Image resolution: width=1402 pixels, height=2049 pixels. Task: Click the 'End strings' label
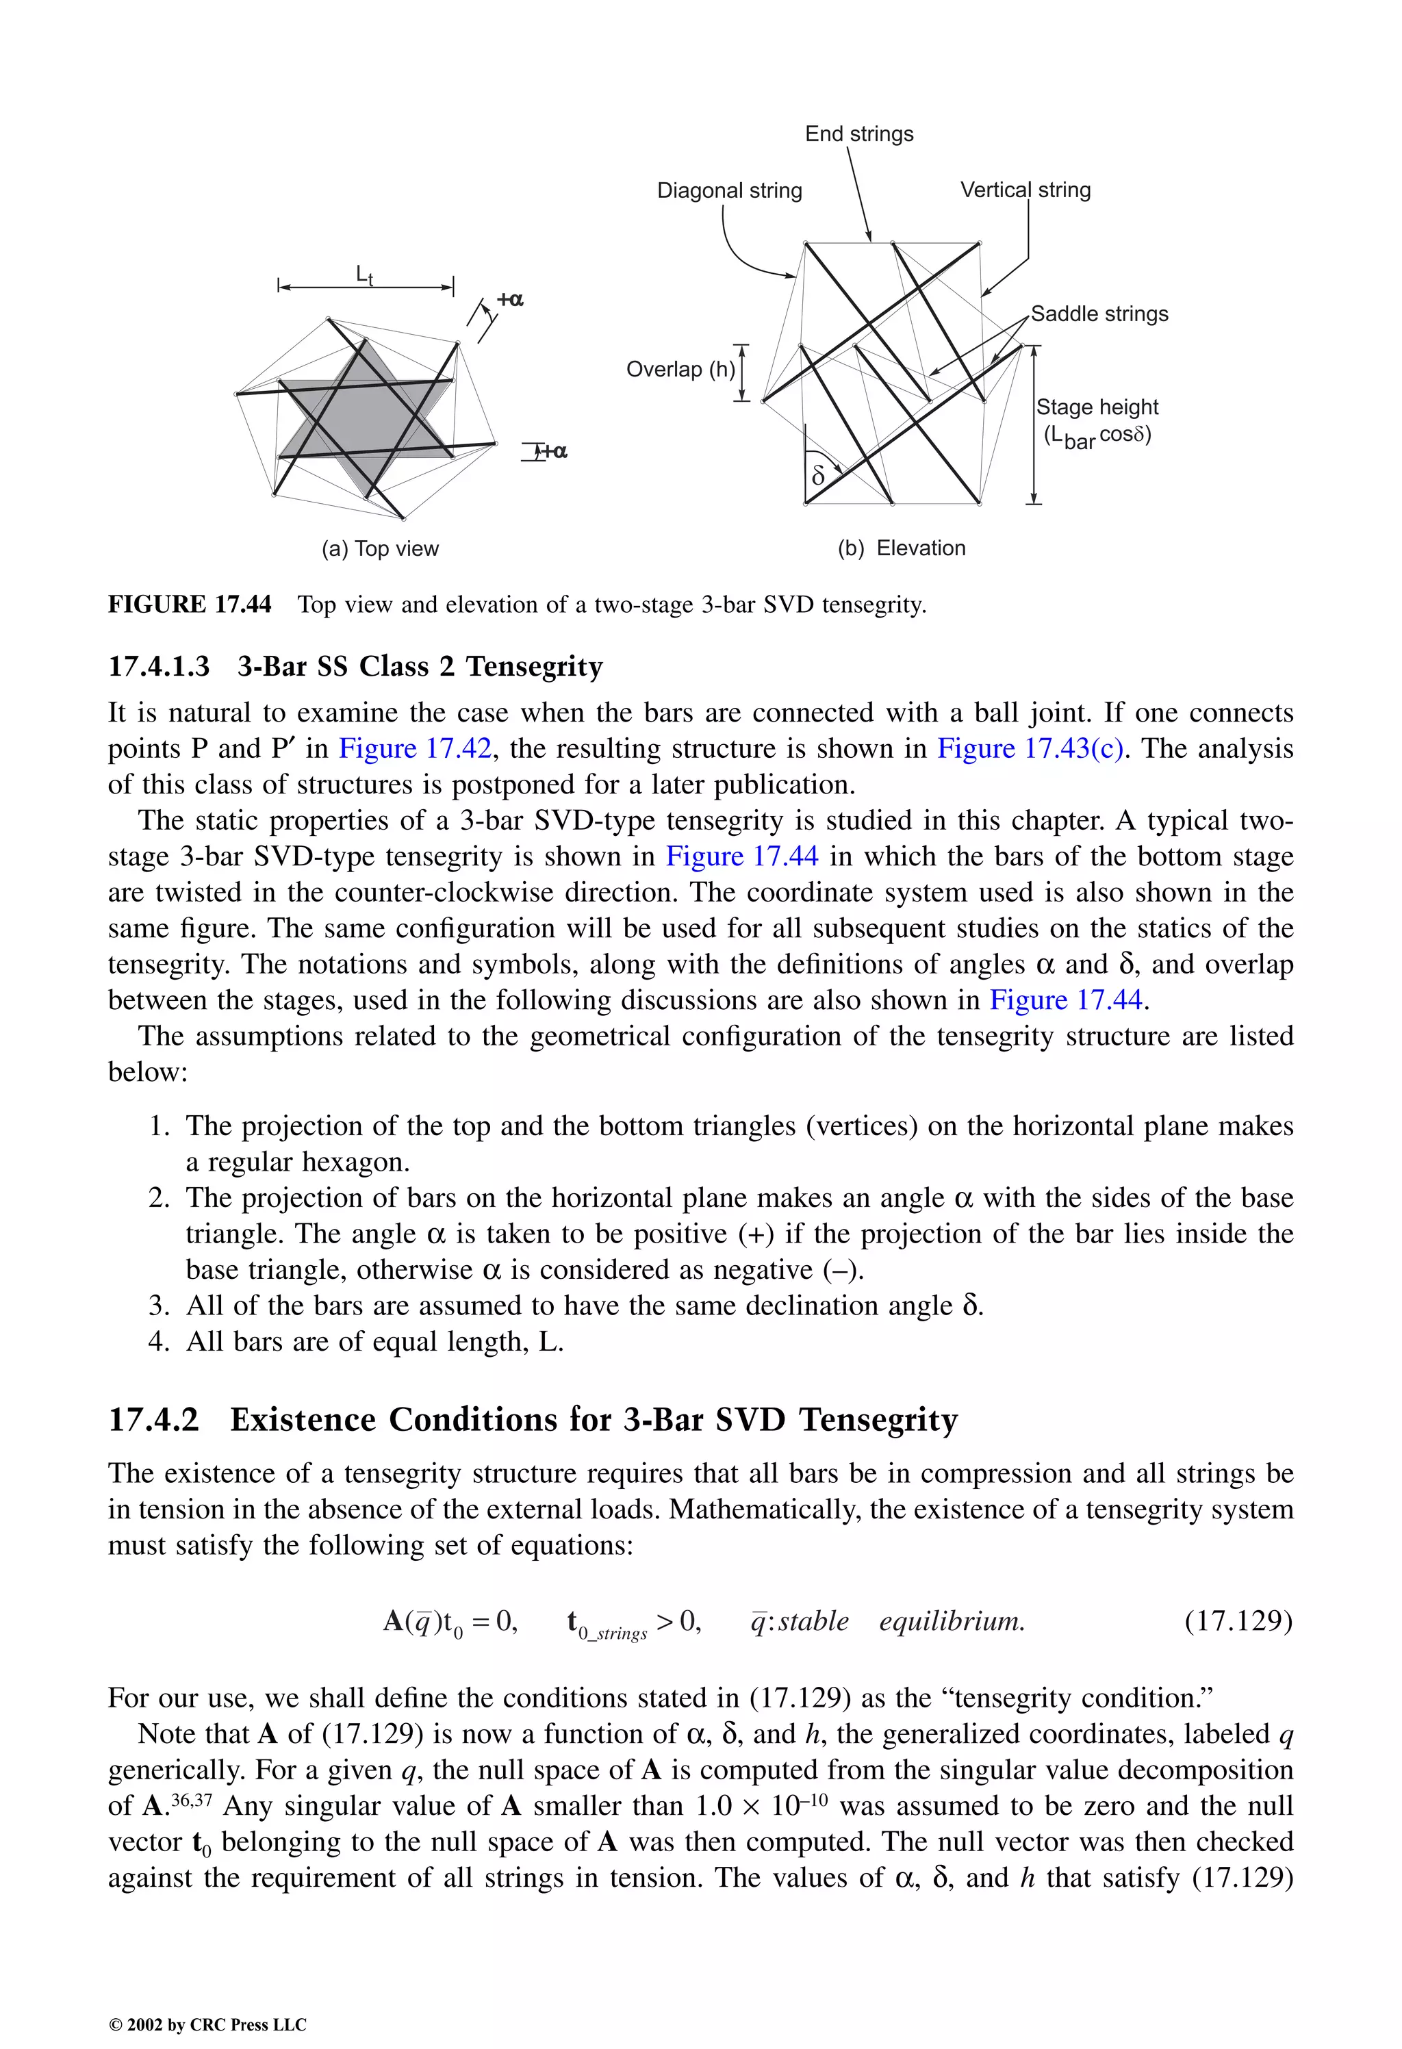tap(859, 134)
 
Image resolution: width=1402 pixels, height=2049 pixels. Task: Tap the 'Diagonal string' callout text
tap(729, 190)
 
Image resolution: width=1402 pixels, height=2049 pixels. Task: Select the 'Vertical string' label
tap(1025, 190)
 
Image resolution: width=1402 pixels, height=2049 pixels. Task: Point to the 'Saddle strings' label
tap(1099, 314)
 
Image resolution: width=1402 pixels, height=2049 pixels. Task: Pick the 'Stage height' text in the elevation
tap(1096, 407)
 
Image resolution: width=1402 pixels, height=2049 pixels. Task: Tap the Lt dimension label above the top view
tap(364, 275)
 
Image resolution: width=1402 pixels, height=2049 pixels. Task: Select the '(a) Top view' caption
tap(379, 548)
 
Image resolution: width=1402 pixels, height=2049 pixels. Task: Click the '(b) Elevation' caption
tap(901, 548)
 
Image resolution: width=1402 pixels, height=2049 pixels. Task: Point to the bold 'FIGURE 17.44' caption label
tap(190, 604)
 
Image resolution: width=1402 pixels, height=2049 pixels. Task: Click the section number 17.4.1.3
tap(159, 667)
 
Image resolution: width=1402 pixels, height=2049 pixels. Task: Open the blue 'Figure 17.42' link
tap(414, 748)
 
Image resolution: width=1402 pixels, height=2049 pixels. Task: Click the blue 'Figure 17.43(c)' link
tap(1029, 748)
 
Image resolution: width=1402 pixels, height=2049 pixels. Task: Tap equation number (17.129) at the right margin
tap(1237, 1620)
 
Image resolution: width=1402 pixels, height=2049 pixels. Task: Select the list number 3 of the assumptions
tap(159, 1306)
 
